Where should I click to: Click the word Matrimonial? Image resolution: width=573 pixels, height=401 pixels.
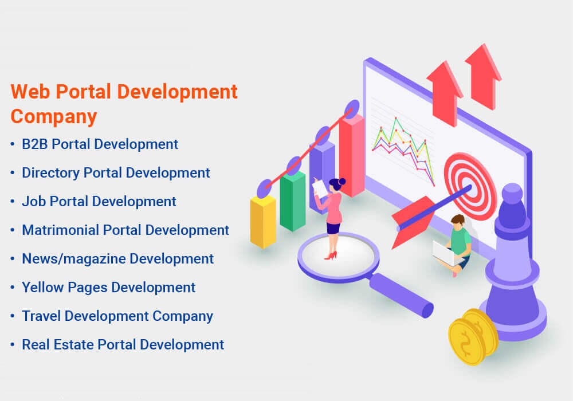click(60, 230)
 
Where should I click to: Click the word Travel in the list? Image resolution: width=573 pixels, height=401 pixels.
click(40, 316)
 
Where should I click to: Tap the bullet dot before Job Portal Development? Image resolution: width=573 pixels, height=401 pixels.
click(13, 202)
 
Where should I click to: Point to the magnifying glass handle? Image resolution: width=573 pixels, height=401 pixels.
click(401, 294)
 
